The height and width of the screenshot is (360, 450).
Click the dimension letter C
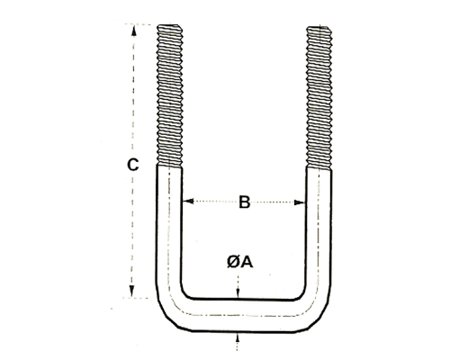coord(133,165)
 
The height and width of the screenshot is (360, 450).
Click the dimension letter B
coord(245,202)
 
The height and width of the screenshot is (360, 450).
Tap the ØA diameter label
coord(239,262)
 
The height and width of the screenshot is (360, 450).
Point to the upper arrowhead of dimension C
coord(134,31)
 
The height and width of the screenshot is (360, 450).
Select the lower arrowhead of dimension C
coord(131,292)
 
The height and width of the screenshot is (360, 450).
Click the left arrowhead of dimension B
coord(188,201)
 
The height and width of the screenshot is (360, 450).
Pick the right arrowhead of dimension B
coord(299,202)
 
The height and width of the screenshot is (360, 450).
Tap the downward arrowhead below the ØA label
coord(238,292)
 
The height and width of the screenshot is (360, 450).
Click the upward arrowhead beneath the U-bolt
coord(238,337)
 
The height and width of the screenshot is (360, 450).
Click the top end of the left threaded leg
coord(169,25)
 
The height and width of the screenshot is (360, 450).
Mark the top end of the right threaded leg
coord(319,28)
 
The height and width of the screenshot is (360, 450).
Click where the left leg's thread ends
coord(169,166)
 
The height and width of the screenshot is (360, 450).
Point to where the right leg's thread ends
coord(319,168)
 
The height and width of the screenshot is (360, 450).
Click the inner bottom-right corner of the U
coord(301,294)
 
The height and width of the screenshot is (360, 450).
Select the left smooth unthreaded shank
coord(168,228)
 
